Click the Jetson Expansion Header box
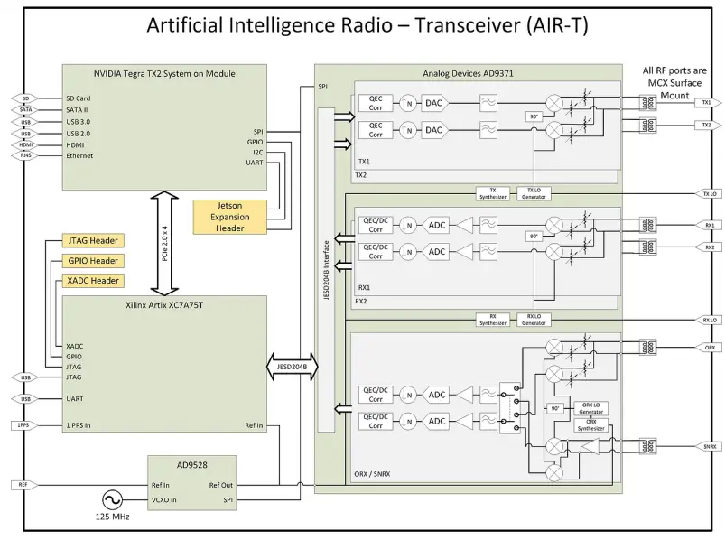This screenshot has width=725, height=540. [227, 217]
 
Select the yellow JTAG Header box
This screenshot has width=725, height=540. [92, 240]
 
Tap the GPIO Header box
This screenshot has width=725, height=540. [92, 260]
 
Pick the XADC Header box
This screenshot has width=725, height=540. [92, 280]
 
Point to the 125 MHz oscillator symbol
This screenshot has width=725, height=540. [115, 499]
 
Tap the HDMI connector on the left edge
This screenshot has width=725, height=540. [24, 144]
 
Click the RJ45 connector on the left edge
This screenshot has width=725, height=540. [24, 155]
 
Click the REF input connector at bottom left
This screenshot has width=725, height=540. [23, 485]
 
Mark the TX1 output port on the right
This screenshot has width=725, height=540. [706, 103]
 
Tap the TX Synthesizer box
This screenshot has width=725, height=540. [492, 194]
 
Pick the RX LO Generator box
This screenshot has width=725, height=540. [534, 319]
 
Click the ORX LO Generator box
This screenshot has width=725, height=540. [590, 408]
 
